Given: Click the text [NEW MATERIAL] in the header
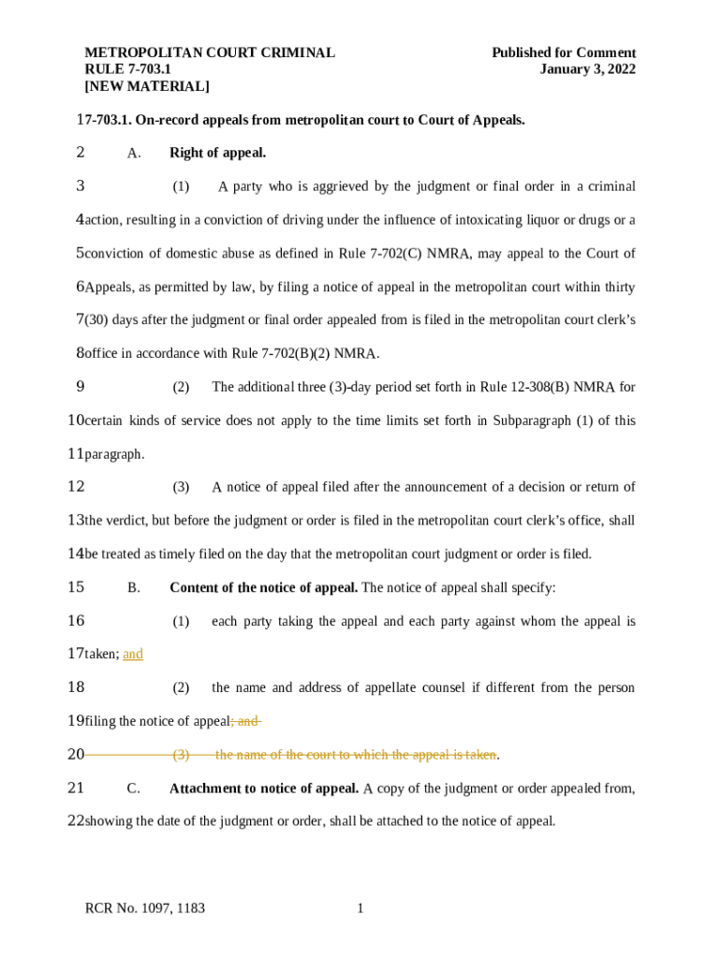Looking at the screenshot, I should tap(147, 86).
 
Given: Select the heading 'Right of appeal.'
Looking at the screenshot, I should tap(218, 153).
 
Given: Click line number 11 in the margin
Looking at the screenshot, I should tap(76, 454).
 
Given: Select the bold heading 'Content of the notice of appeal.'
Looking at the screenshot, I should tap(263, 587).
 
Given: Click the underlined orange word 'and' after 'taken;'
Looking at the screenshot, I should tap(133, 655).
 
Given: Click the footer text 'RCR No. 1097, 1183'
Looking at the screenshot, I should tap(145, 908).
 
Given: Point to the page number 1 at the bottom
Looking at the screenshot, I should tap(360, 908).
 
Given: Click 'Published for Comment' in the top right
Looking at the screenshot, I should tap(564, 52).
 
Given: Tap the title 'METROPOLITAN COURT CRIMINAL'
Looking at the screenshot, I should tap(210, 52).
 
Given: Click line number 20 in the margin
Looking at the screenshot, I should tap(76, 755).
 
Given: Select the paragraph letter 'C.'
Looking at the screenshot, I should tap(134, 789).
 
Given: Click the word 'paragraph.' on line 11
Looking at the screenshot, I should tap(114, 454).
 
